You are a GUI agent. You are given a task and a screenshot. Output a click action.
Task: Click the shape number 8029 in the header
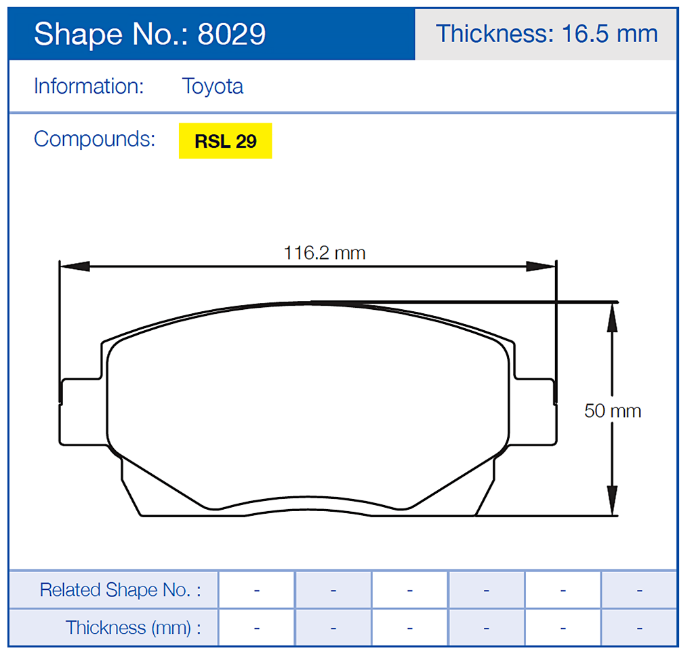pos(231,34)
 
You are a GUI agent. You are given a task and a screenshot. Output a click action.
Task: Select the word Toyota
pos(212,87)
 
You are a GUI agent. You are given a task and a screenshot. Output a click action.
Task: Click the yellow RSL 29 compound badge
pos(225,141)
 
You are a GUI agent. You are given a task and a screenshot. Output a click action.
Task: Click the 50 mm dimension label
pos(612,411)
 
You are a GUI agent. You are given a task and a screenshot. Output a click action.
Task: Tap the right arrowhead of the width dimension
pos(542,266)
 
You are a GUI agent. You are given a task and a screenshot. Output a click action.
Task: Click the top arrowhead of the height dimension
pos(612,317)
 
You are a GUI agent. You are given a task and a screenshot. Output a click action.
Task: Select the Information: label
pos(89,87)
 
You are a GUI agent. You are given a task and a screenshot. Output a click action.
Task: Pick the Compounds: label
pos(94,139)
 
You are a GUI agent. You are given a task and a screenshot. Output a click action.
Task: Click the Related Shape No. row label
pos(120,590)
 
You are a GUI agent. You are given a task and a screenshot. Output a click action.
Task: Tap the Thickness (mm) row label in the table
pos(133,628)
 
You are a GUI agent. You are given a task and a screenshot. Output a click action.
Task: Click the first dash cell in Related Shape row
pos(257,590)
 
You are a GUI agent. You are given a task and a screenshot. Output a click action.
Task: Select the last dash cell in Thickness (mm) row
pos(639,628)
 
